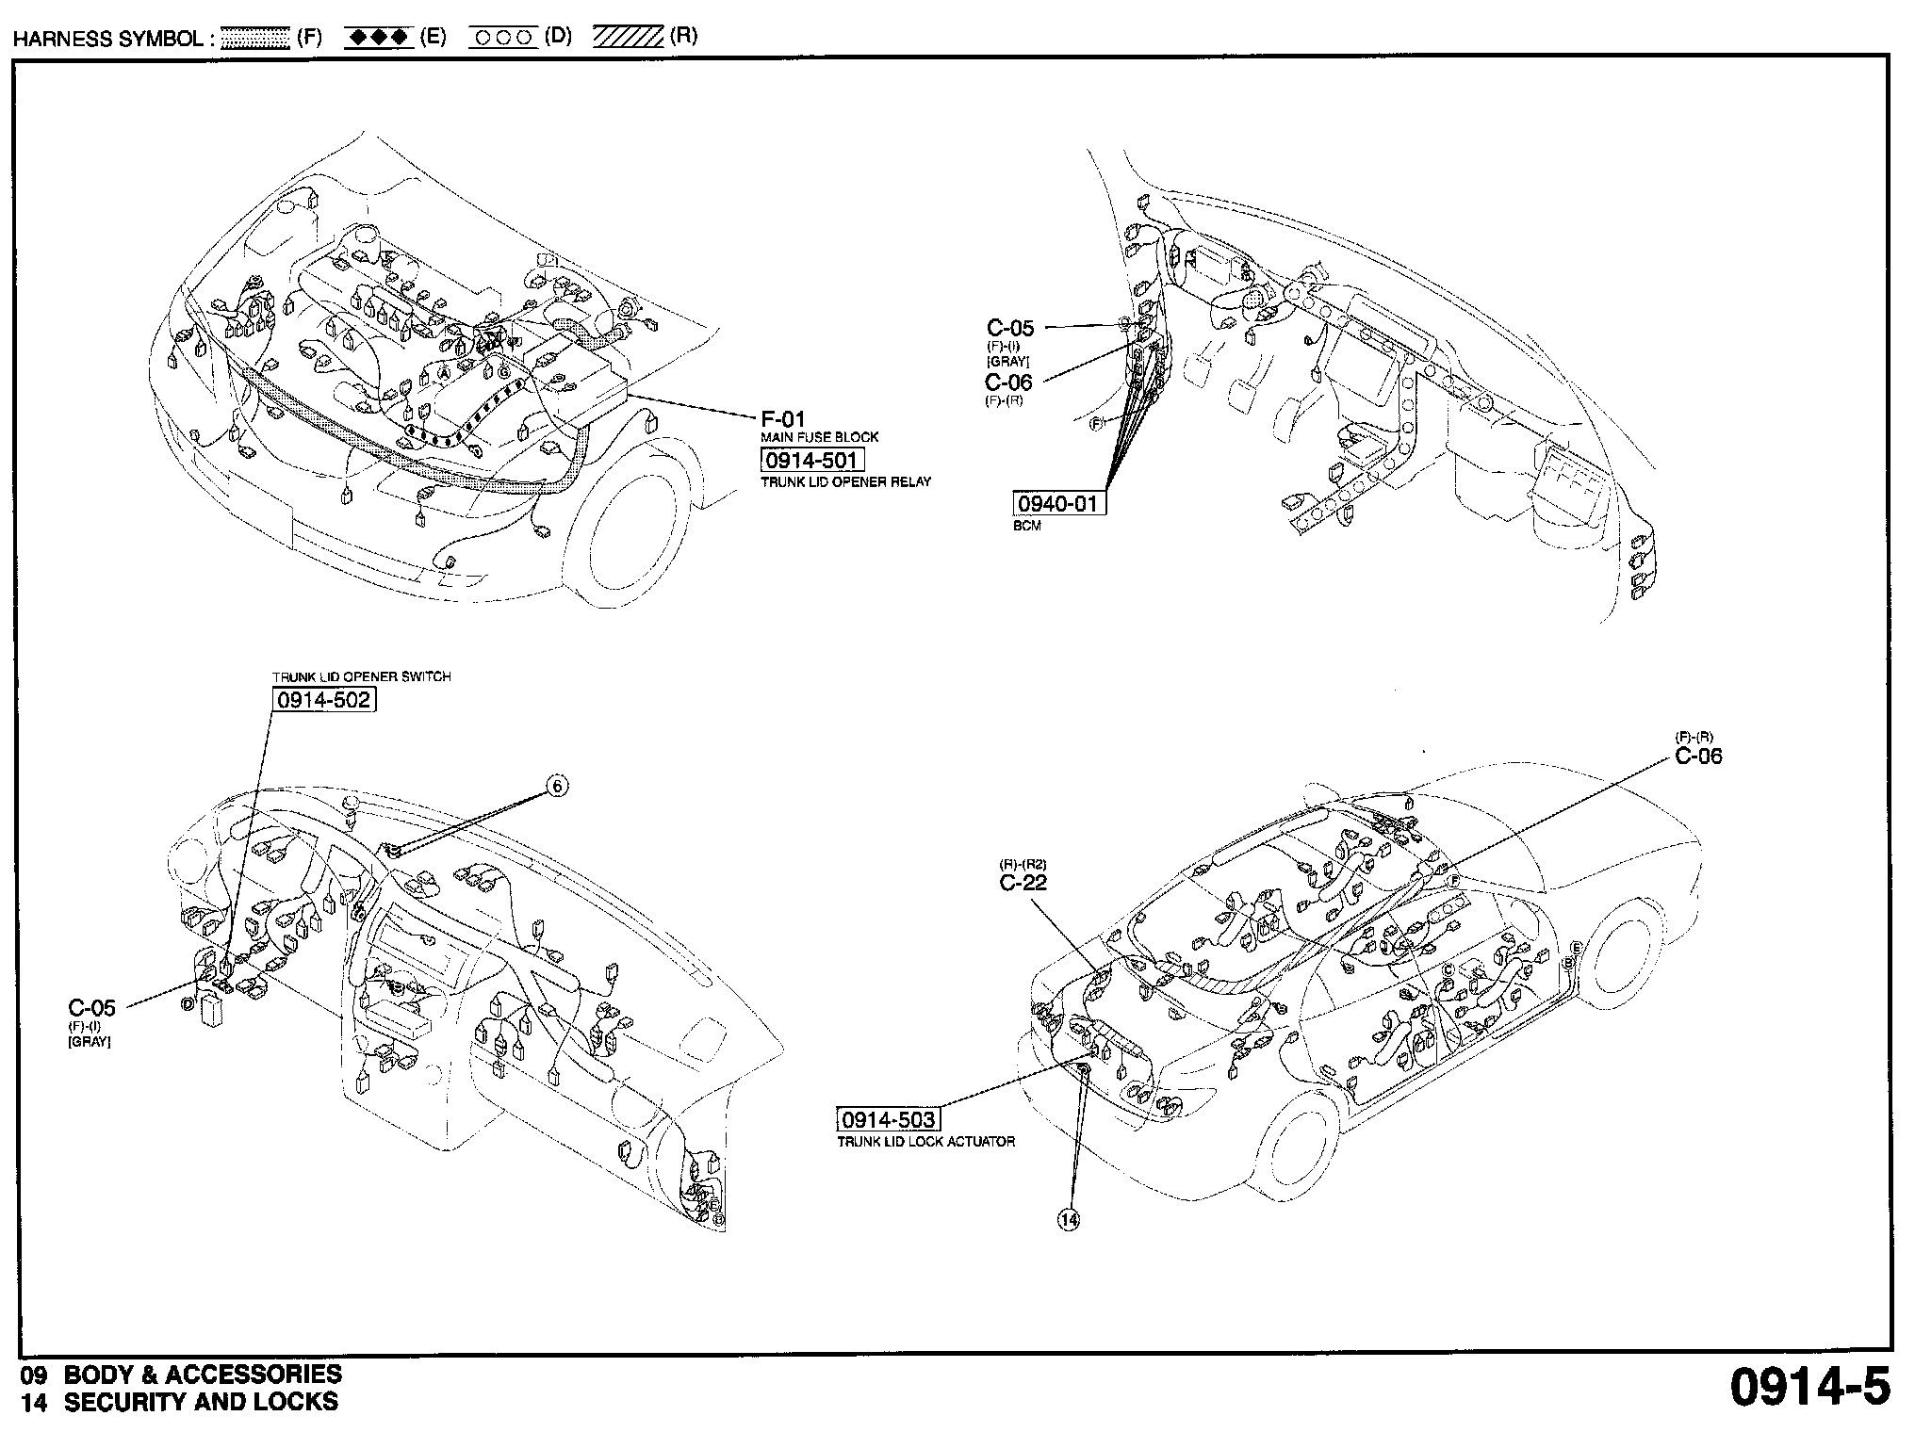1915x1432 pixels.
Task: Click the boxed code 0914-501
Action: (x=810, y=461)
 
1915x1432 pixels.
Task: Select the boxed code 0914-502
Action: (x=323, y=699)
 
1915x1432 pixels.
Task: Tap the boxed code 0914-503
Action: (x=888, y=1119)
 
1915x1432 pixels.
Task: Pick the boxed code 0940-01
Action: (x=1058, y=504)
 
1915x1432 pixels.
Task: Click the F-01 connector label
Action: (x=783, y=419)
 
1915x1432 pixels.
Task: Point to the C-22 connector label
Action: (x=1023, y=883)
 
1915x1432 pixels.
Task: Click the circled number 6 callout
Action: (x=557, y=786)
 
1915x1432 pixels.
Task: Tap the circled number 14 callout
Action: (x=1068, y=1220)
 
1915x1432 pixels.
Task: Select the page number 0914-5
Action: (x=1809, y=1387)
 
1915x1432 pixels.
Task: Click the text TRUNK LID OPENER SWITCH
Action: (x=362, y=676)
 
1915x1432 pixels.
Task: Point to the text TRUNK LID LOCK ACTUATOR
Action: (x=925, y=1142)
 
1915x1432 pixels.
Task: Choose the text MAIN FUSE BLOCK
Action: (x=819, y=437)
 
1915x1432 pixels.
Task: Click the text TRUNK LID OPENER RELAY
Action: (x=845, y=482)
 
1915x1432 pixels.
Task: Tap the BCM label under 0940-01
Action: (x=1027, y=526)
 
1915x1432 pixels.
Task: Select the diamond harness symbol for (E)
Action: (x=377, y=38)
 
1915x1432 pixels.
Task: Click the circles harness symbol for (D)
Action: (x=503, y=38)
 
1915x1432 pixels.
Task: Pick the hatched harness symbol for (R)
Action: (x=629, y=38)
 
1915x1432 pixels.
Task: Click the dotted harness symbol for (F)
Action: (x=254, y=39)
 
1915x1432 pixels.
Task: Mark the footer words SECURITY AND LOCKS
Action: (x=200, y=1402)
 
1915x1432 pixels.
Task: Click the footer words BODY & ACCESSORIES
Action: (x=203, y=1375)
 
